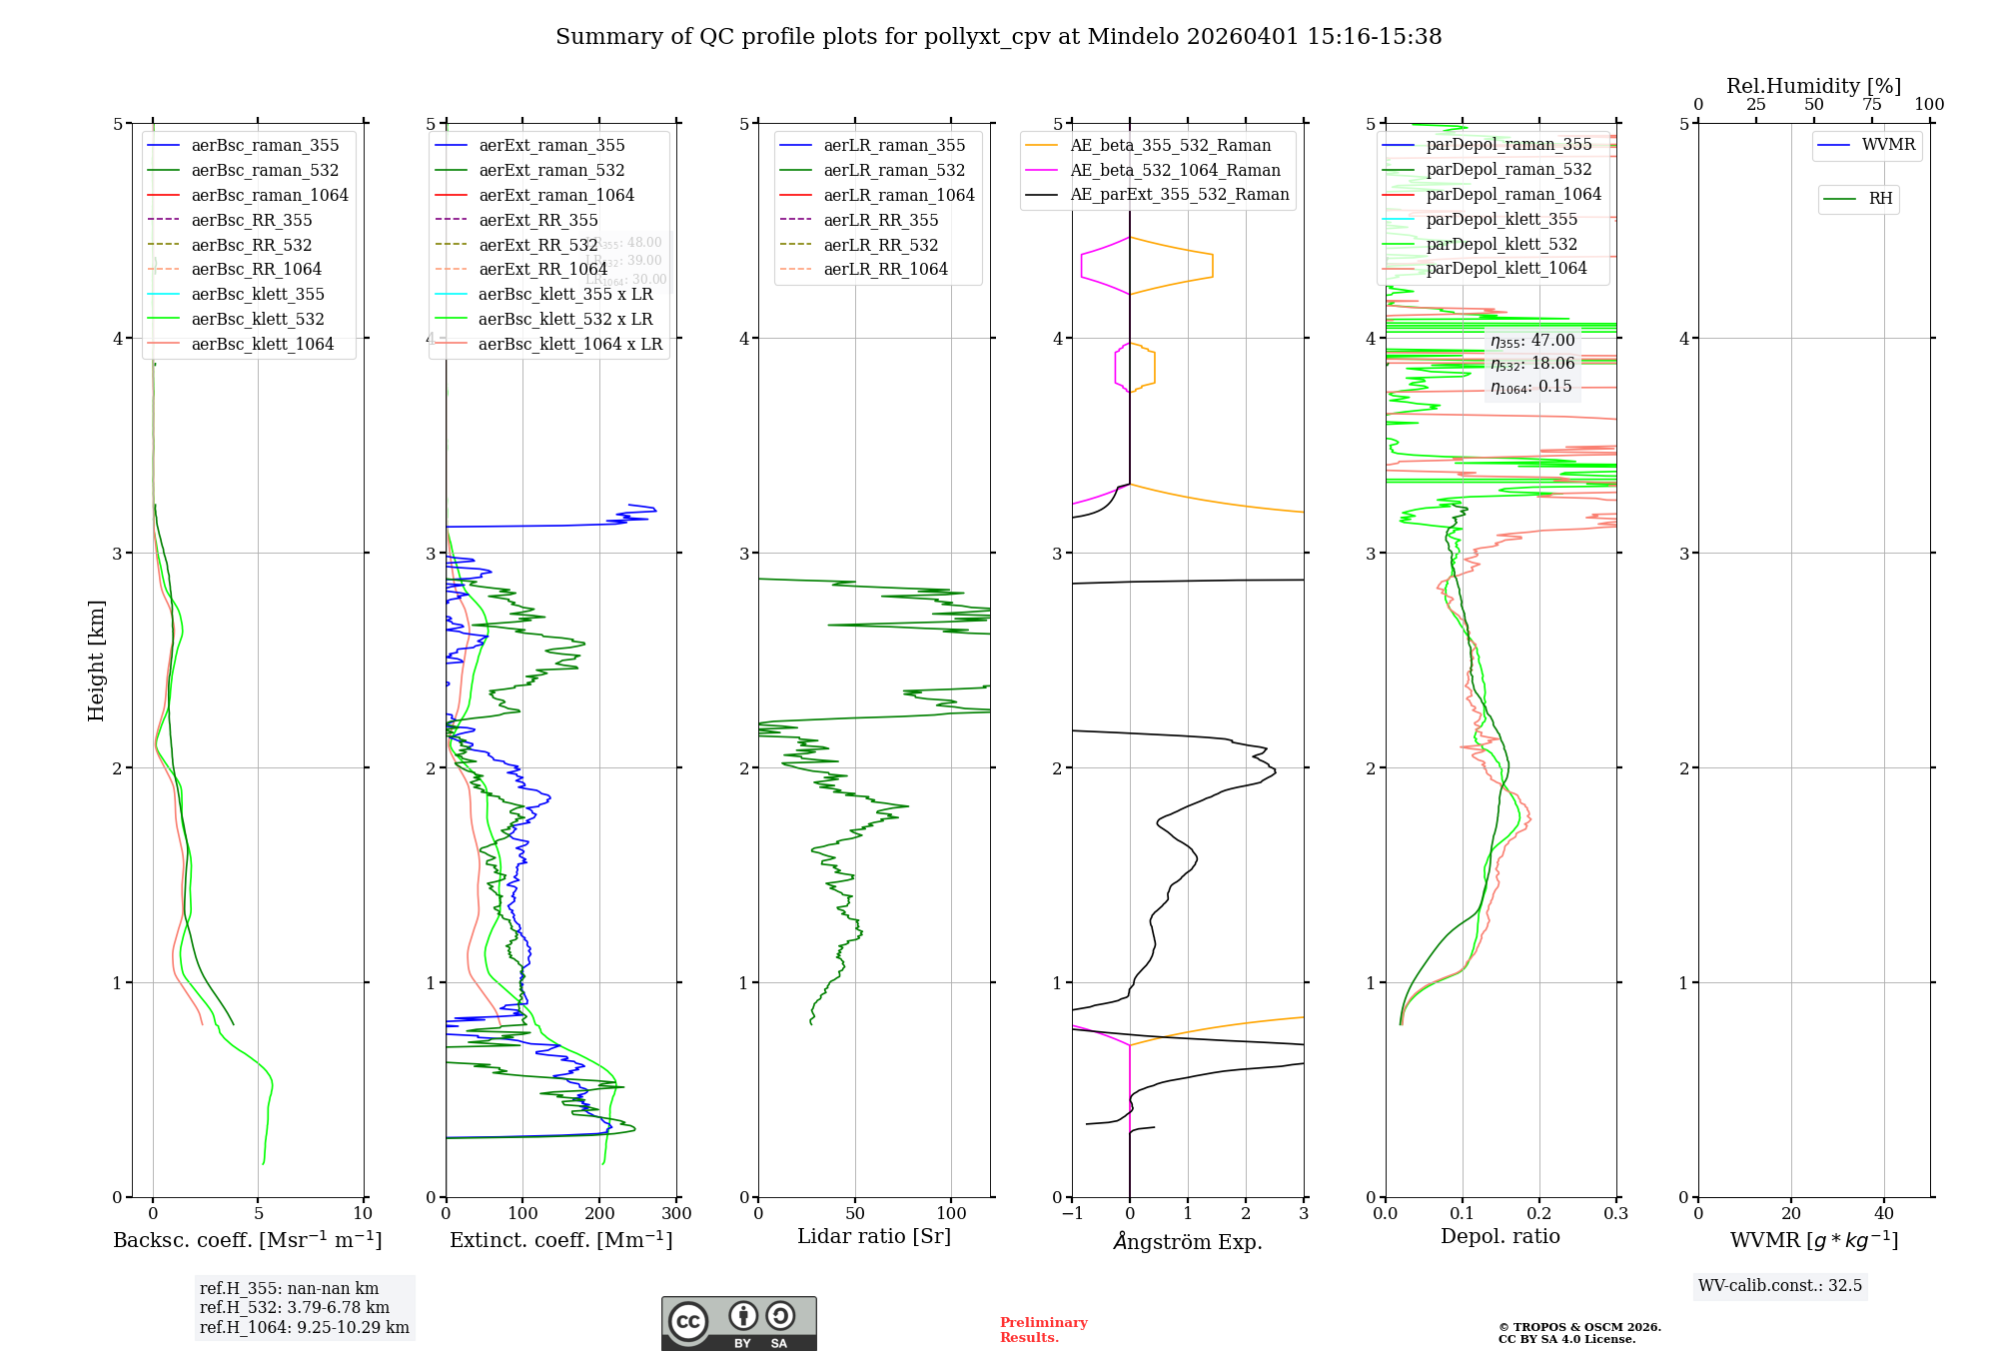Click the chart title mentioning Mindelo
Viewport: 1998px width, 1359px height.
998,37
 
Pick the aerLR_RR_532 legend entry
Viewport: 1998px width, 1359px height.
880,245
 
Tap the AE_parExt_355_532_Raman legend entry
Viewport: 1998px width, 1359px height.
1179,194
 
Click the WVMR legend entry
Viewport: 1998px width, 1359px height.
1887,145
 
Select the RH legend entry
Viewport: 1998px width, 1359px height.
1879,199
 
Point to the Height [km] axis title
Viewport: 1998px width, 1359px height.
96,661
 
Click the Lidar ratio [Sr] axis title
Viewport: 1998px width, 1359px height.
873,1236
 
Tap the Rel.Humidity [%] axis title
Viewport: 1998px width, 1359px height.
1813,86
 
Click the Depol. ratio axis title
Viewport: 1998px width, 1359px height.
1499,1236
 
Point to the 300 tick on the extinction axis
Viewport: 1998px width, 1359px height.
676,1214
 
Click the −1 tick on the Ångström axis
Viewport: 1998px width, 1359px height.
1072,1214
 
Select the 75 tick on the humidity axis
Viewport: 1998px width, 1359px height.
1871,105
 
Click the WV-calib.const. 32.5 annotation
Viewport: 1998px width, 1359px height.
1779,1285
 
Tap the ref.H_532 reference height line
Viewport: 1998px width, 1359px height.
294,1307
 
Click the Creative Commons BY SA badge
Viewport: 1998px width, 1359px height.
738,1323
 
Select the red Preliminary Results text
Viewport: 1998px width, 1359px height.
1043,1330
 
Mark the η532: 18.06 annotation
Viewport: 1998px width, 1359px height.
1531,364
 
